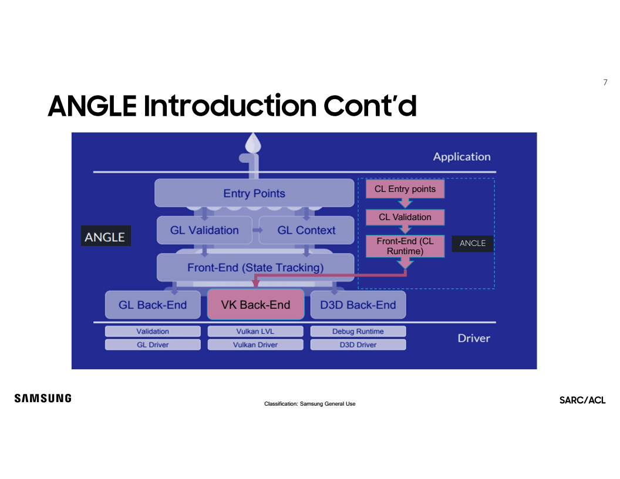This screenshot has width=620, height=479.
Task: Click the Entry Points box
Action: (x=254, y=193)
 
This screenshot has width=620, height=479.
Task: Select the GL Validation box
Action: (x=204, y=230)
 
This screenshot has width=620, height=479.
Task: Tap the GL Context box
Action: (x=306, y=230)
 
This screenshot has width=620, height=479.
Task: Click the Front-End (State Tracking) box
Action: (x=255, y=268)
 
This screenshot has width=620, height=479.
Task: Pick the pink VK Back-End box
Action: (x=255, y=305)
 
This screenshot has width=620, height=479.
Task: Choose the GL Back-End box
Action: (x=153, y=305)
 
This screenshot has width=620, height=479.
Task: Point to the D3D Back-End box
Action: (x=358, y=305)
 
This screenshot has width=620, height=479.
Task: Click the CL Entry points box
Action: (x=405, y=189)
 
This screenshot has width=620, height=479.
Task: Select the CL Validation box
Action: (x=405, y=217)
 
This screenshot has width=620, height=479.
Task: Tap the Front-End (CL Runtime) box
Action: (x=405, y=247)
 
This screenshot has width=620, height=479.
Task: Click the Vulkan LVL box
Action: (x=255, y=332)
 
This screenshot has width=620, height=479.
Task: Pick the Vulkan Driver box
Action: (x=255, y=345)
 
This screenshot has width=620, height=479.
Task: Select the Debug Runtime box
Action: (x=358, y=332)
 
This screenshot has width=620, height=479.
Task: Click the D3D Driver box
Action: (x=358, y=345)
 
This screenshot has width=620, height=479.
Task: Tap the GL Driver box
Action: (x=153, y=345)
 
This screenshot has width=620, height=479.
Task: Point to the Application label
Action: (x=461, y=157)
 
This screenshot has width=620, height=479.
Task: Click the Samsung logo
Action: (x=43, y=399)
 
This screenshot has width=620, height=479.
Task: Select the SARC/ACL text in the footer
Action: (x=582, y=400)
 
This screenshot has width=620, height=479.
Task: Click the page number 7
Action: (x=605, y=82)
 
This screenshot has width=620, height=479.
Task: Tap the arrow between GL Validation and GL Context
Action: (x=257, y=230)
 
